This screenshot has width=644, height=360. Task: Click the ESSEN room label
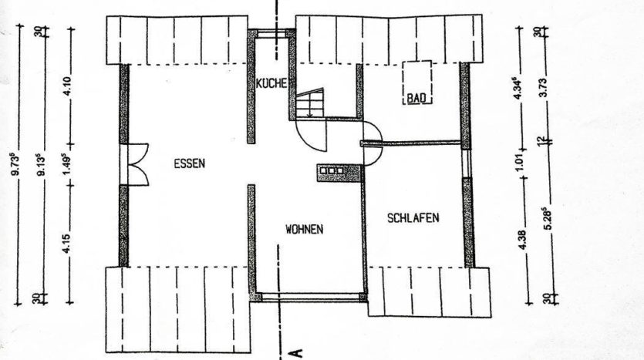[x=189, y=163]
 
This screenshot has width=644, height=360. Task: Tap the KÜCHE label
[x=271, y=84]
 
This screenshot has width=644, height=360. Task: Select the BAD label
[x=416, y=99]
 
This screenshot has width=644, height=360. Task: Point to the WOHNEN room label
[x=305, y=229]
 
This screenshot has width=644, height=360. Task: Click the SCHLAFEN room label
[x=413, y=217]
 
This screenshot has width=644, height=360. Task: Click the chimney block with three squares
[x=339, y=173]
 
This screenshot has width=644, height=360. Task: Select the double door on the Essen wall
[x=137, y=165]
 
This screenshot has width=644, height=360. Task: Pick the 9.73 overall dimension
[x=15, y=164]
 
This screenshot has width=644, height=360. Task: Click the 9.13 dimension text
[x=41, y=165]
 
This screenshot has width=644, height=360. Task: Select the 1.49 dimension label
[x=67, y=164]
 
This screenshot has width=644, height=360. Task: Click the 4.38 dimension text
[x=522, y=241]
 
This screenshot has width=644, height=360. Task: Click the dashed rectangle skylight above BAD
[x=417, y=82]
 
